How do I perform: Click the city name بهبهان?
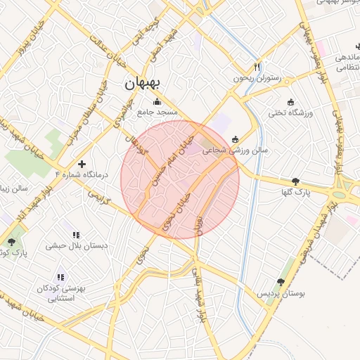point(143,83)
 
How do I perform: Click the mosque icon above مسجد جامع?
point(156,101)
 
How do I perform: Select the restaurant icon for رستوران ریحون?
point(257,67)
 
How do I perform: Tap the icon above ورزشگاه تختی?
point(290,101)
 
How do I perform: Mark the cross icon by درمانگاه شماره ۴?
point(82,163)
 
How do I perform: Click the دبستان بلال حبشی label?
point(77,246)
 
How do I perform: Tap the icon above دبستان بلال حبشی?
point(76,235)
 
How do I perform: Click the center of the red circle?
point(180,179)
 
